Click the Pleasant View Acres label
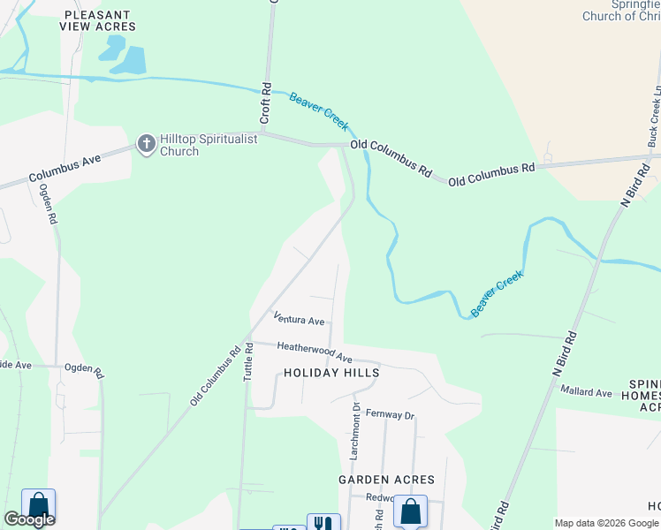point(97,20)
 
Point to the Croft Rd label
point(265,103)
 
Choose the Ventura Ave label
point(299,318)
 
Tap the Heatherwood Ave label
point(315,352)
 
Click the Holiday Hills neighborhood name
point(331,373)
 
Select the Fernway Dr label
point(390,414)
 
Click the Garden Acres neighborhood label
point(386,480)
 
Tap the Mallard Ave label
point(586,392)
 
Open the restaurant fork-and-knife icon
point(323,522)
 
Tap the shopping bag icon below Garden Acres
point(410,511)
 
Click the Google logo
point(29,519)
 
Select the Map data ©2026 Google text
point(607,523)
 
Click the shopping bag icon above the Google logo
point(38,504)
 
